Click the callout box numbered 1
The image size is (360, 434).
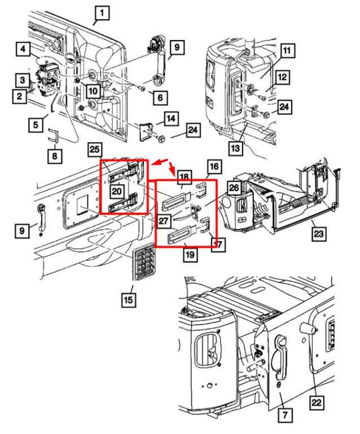(x=102, y=12)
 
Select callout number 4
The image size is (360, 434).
(x=23, y=49)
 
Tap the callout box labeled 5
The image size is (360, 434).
(x=36, y=124)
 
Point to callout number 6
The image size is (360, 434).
(x=160, y=97)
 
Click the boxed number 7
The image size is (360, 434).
(x=285, y=414)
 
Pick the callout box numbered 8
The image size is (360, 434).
(x=55, y=155)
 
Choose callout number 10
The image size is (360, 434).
(x=93, y=91)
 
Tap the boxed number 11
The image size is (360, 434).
(x=287, y=51)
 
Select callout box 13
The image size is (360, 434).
(x=235, y=148)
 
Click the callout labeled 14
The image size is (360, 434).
(x=171, y=118)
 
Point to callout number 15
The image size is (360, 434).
(x=128, y=299)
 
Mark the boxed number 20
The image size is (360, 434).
(x=117, y=191)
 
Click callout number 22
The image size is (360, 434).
(x=316, y=402)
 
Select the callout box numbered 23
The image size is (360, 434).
(x=319, y=234)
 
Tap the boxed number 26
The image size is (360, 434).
(x=234, y=188)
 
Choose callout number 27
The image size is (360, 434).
(x=163, y=221)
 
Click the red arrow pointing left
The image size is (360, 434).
(x=158, y=162)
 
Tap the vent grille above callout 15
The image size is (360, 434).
(x=144, y=261)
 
